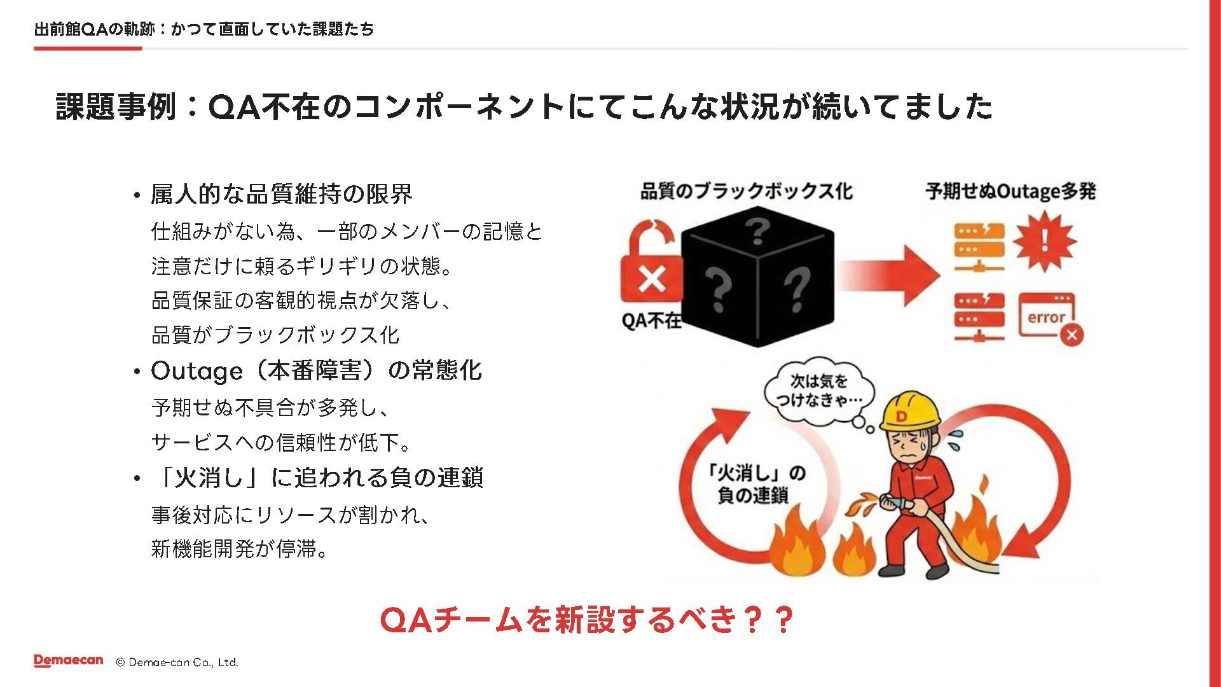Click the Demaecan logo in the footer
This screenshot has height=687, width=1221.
point(68,661)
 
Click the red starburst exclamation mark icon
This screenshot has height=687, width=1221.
point(1044,242)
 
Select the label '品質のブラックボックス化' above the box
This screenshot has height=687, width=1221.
point(746,191)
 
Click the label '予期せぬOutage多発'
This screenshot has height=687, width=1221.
point(1010,191)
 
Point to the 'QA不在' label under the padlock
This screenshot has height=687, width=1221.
point(651,321)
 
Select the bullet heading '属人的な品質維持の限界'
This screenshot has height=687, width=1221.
point(281,194)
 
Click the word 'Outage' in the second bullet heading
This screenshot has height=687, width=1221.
point(197,371)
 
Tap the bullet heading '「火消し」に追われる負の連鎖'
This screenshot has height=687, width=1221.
point(318,477)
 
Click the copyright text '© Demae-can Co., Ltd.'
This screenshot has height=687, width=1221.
point(177,662)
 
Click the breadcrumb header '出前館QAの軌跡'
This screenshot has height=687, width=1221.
point(94,29)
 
